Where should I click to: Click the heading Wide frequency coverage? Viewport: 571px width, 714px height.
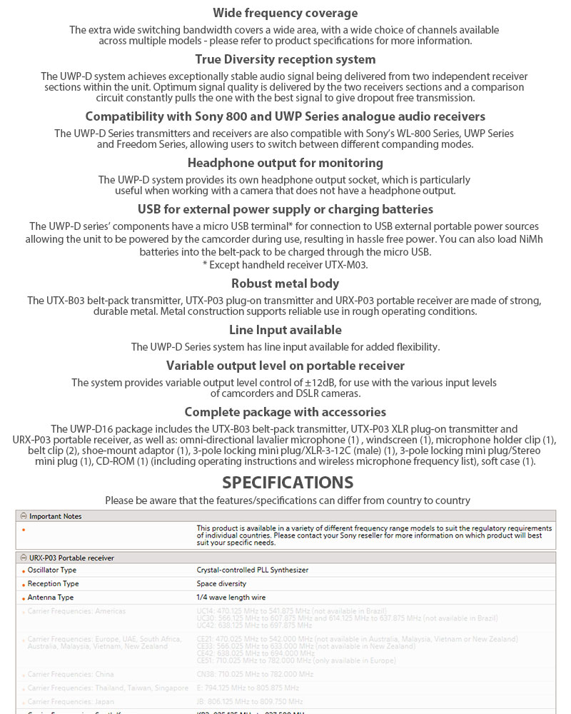tap(285, 13)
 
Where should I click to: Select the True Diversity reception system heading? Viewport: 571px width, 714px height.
tap(285, 59)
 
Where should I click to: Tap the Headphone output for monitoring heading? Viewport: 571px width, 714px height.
tap(285, 163)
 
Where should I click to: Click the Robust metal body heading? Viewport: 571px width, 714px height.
tap(285, 283)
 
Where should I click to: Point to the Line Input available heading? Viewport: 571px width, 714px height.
tap(285, 330)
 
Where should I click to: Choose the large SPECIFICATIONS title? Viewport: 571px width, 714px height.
tap(288, 482)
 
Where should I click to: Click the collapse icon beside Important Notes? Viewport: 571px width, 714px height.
tap(23, 516)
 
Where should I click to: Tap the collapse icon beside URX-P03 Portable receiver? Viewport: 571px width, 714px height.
tap(23, 558)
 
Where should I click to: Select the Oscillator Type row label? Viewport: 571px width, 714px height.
tap(52, 570)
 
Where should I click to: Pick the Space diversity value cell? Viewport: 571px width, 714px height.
tap(221, 584)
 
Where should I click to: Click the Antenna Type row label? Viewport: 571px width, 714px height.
tap(50, 598)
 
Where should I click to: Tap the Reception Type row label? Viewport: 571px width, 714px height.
tap(53, 584)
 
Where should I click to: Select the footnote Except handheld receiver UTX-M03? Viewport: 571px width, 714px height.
tap(285, 265)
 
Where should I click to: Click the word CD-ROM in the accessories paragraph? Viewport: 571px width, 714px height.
tap(113, 461)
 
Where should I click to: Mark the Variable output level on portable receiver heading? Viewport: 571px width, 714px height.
tap(285, 366)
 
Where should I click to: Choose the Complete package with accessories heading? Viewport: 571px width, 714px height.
tap(285, 412)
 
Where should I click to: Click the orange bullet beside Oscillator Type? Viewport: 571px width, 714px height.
tap(24, 571)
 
